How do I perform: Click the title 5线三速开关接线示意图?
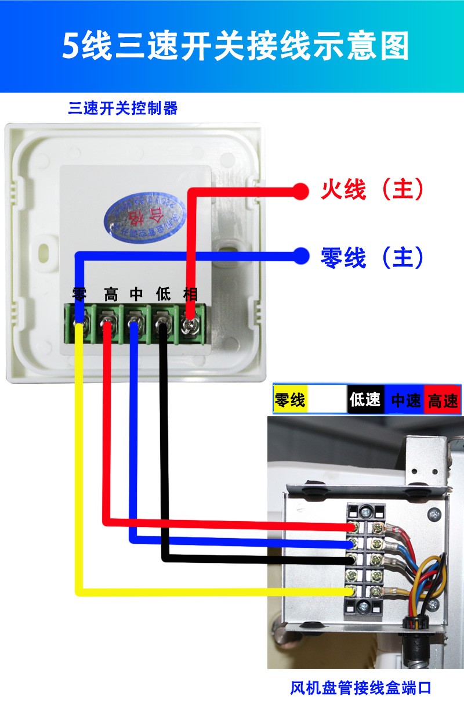[x=235, y=46]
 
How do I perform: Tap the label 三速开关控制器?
[x=122, y=109]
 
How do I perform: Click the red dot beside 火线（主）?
[x=300, y=191]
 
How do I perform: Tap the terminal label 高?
[x=110, y=294]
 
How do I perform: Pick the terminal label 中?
[x=136, y=294]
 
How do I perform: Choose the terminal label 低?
[x=164, y=294]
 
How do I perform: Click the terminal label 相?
[x=190, y=294]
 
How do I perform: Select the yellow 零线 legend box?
[x=291, y=400]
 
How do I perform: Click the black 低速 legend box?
[x=365, y=400]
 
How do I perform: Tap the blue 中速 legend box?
[x=405, y=400]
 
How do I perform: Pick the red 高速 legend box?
[x=443, y=400]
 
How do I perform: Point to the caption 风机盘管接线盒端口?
[x=361, y=689]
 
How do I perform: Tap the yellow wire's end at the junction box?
[x=350, y=591]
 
